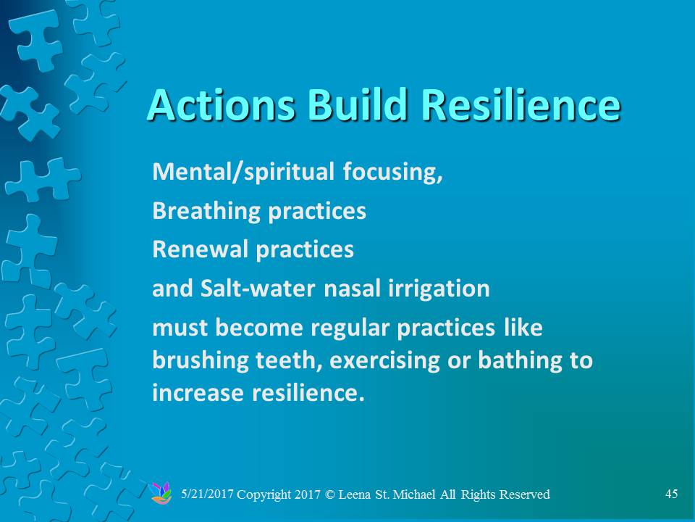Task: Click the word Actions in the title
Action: (x=220, y=104)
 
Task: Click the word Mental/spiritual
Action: (x=243, y=172)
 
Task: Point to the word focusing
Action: (x=392, y=172)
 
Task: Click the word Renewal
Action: (x=200, y=249)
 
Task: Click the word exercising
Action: (x=384, y=360)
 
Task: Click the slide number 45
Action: (x=672, y=494)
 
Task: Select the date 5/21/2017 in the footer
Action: (x=207, y=494)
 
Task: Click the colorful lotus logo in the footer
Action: (x=161, y=493)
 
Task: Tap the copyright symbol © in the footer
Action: (x=330, y=494)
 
